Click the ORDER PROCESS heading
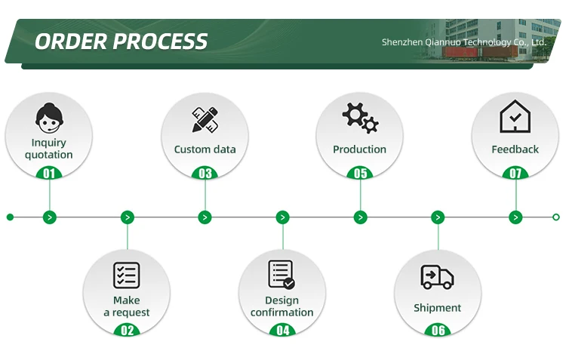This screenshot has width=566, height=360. click(121, 41)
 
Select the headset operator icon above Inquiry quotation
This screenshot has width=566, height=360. click(49, 118)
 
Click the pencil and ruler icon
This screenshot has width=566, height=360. click(205, 119)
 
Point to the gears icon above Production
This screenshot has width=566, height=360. click(360, 118)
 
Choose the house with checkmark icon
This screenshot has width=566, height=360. click(515, 117)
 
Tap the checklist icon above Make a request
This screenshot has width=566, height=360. click(127, 275)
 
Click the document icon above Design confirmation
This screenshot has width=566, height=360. click(281, 275)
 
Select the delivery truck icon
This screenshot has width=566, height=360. click(437, 277)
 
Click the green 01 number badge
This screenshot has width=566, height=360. click(49, 174)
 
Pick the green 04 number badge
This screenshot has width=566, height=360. click(282, 330)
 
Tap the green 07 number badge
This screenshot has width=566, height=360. click(515, 174)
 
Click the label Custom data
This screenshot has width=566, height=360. click(205, 149)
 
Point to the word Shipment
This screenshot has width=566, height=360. click(437, 308)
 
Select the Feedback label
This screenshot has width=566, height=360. click(515, 149)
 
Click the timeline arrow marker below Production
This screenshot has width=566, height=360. click(360, 217)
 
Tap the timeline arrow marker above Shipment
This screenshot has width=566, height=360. click(438, 217)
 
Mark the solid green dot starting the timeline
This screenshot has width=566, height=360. click(10, 217)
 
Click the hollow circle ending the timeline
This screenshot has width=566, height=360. click(555, 217)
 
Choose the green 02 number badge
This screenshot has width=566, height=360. click(127, 330)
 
